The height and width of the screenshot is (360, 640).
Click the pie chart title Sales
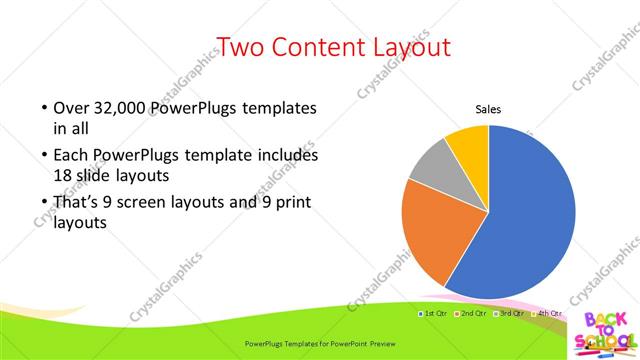[487, 109]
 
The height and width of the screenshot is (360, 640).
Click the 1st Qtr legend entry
[433, 314]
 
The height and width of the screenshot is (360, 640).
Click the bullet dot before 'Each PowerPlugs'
[44, 157]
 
